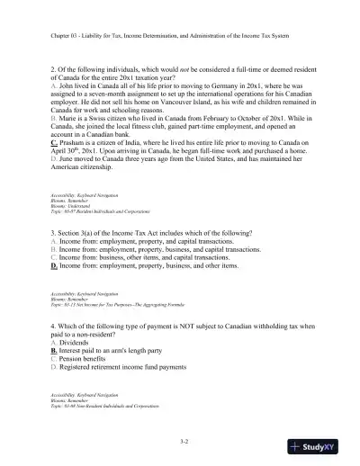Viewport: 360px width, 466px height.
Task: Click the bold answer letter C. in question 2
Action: tap(54, 168)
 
